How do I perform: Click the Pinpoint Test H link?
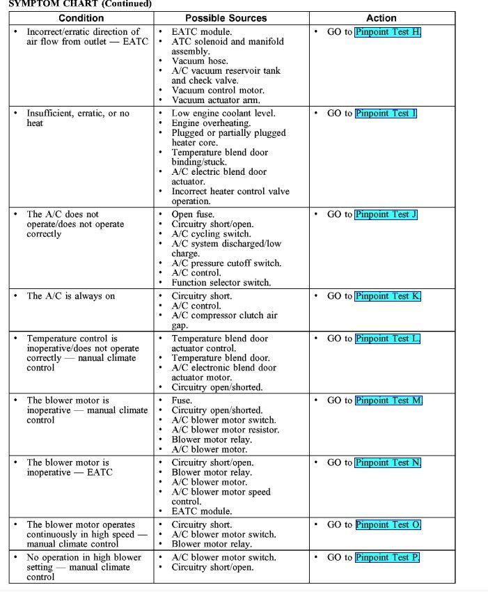pos(388,32)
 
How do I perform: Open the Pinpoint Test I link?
pos(386,114)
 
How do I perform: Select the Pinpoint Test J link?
pos(386,215)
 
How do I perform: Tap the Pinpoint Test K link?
pos(388,296)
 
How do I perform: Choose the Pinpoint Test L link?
pos(387,338)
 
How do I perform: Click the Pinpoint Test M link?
pos(388,400)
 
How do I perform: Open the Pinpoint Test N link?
pos(388,462)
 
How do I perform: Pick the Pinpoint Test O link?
pos(388,524)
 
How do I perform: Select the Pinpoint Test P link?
pos(387,557)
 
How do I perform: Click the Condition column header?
pos(81,18)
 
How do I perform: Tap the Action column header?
pos(381,18)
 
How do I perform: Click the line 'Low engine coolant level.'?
pos(223,114)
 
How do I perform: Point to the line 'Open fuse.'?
pos(193,215)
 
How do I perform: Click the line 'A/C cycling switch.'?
pos(211,234)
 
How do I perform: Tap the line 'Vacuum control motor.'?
pos(218,91)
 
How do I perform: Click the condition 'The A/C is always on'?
pos(71,296)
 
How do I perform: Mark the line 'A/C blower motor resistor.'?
pos(226,430)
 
